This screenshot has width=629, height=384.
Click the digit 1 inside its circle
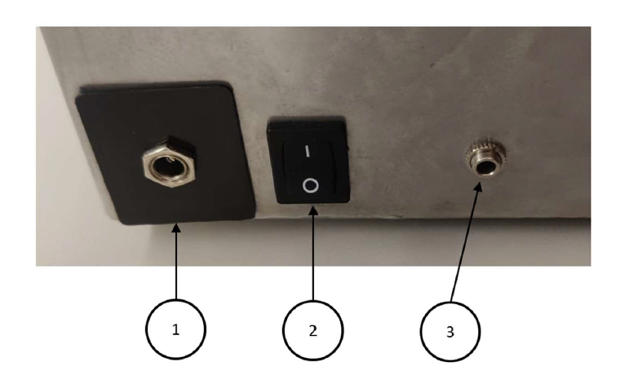[175, 329]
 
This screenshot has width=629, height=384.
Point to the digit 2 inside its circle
[313, 331]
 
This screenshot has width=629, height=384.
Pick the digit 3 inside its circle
[450, 332]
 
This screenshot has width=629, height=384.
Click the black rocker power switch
[308, 161]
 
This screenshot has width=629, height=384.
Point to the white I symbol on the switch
[308, 151]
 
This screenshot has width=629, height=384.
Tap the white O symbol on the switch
[311, 186]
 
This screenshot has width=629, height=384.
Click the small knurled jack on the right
[485, 160]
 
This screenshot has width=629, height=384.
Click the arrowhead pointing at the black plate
[176, 228]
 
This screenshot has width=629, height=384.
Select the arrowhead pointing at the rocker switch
[313, 210]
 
